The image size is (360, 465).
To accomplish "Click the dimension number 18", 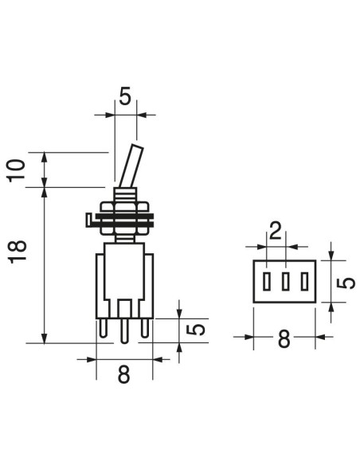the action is pos(18,252).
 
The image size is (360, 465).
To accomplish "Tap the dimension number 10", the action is pos(16,170).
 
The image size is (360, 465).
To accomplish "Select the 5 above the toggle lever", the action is pos(125,96).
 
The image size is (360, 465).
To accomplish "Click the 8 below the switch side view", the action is pos(123,374).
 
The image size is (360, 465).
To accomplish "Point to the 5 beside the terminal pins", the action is pos(196,330).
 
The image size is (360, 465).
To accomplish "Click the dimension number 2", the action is pos(276,231).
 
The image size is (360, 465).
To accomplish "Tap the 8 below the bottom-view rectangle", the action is pos(284,339).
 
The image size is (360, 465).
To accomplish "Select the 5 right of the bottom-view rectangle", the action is pos(346,283).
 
